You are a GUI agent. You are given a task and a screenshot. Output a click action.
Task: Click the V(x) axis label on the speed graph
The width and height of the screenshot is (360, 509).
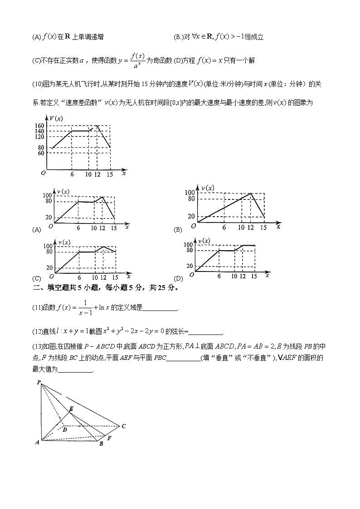click(x=57, y=119)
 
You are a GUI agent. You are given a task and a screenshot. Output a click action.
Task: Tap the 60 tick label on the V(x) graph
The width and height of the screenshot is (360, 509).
click(x=40, y=153)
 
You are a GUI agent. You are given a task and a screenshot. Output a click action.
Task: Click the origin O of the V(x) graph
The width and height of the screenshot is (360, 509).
click(x=43, y=173)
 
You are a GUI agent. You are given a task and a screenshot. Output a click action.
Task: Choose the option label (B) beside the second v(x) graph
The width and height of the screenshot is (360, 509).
click(x=178, y=230)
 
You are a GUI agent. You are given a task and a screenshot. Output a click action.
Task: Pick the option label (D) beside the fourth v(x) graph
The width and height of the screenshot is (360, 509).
click(x=178, y=278)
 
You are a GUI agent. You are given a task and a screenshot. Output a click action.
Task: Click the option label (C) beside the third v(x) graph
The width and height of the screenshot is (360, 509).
click(x=37, y=278)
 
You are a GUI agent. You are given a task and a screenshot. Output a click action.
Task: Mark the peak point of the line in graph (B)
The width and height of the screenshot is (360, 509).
click(x=251, y=194)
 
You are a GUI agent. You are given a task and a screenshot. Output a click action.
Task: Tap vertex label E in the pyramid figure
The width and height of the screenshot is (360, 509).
click(x=70, y=408)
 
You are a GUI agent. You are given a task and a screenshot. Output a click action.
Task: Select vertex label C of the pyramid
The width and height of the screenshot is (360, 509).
click(x=123, y=426)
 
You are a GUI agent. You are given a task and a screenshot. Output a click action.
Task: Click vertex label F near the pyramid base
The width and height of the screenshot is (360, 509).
click(x=109, y=438)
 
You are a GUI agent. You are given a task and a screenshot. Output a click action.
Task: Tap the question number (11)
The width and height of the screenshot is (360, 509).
click(x=37, y=308)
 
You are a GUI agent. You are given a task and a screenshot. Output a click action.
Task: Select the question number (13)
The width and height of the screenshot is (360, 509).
click(x=37, y=347)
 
